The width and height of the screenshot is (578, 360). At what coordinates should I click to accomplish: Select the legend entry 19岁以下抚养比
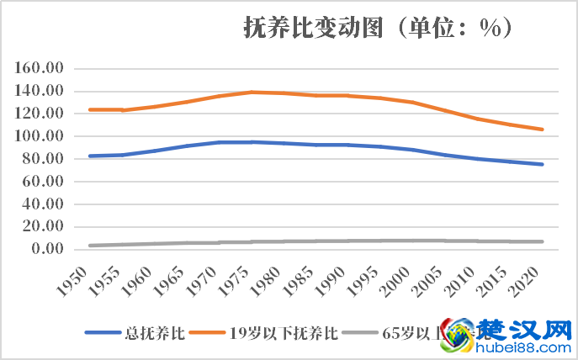coord(284,333)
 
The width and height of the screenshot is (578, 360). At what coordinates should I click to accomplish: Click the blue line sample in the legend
coord(104,333)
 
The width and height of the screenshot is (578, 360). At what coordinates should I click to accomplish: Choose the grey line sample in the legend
coord(357,333)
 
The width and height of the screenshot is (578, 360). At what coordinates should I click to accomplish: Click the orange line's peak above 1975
coord(252,92)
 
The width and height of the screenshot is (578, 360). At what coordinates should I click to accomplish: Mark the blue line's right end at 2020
coord(544,164)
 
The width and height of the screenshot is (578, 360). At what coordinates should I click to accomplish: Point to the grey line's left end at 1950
coord(90,246)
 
